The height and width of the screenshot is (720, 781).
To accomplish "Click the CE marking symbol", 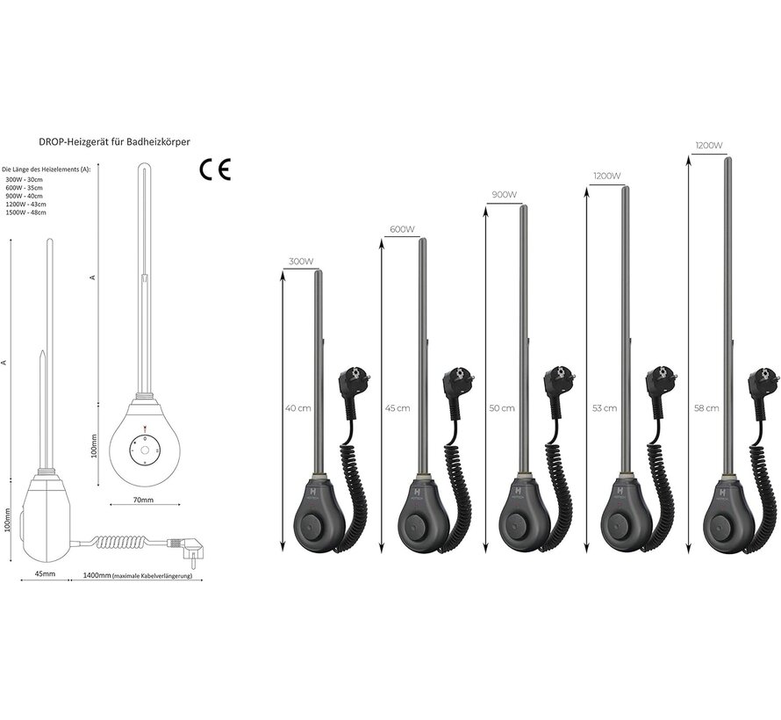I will (214, 169).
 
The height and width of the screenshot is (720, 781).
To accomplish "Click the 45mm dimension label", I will (45, 575).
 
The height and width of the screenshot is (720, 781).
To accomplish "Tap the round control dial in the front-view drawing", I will (142, 448).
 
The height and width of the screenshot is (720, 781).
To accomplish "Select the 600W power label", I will (400, 230).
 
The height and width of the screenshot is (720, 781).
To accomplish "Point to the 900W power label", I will (503, 195).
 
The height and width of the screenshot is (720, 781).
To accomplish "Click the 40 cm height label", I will (297, 408).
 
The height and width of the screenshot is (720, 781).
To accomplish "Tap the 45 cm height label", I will (397, 408).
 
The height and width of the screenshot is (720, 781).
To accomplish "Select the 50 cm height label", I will (500, 408).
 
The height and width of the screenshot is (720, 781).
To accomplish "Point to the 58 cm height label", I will (706, 408).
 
